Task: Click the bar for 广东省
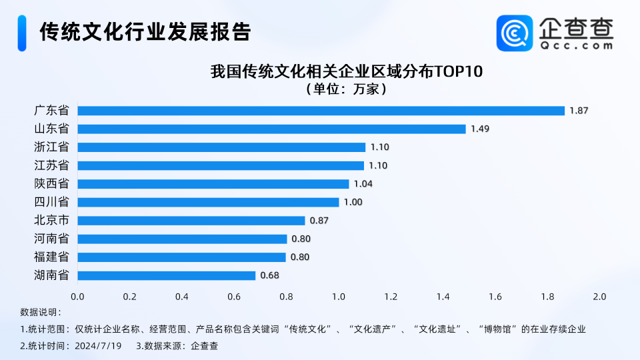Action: point(321,111)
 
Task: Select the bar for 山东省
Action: point(271,129)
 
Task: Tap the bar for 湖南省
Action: point(167,275)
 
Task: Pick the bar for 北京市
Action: point(191,221)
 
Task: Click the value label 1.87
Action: point(579,111)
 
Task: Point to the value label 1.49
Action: point(480,129)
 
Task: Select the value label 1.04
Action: point(363,184)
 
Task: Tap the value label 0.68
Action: point(269,275)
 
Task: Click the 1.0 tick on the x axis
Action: point(339,296)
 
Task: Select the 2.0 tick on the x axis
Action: point(599,296)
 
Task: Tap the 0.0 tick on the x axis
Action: point(77,296)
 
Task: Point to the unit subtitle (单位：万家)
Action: point(345,88)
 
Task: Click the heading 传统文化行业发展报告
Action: point(145,32)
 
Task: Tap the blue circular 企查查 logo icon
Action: point(515,33)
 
